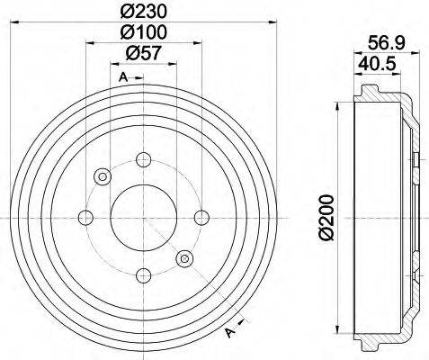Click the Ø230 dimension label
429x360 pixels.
pos(143,13)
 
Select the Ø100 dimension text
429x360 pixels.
pos(143,33)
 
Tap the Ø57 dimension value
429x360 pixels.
pos(143,54)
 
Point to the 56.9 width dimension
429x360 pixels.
pos(385,40)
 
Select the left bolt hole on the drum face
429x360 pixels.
pos(86,216)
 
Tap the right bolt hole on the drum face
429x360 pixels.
pos(201,216)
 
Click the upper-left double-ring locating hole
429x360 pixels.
pos(103,175)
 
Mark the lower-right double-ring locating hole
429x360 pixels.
pos(185,258)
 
